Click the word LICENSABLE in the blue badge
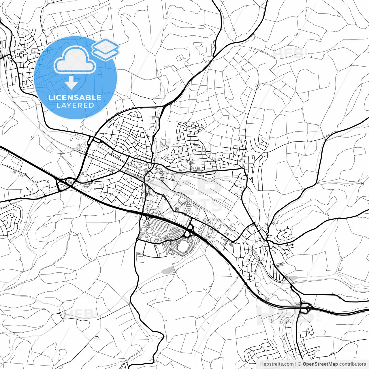pos(75,97)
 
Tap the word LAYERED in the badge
pos(75,105)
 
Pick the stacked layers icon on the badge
pos(105,49)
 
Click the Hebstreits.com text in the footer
pos(277,364)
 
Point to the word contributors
pos(353,364)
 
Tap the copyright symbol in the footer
pos(300,364)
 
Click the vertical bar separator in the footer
pos(296,364)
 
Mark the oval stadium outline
pos(182,247)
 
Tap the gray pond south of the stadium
pos(168,270)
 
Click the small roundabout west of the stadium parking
pos(138,239)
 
